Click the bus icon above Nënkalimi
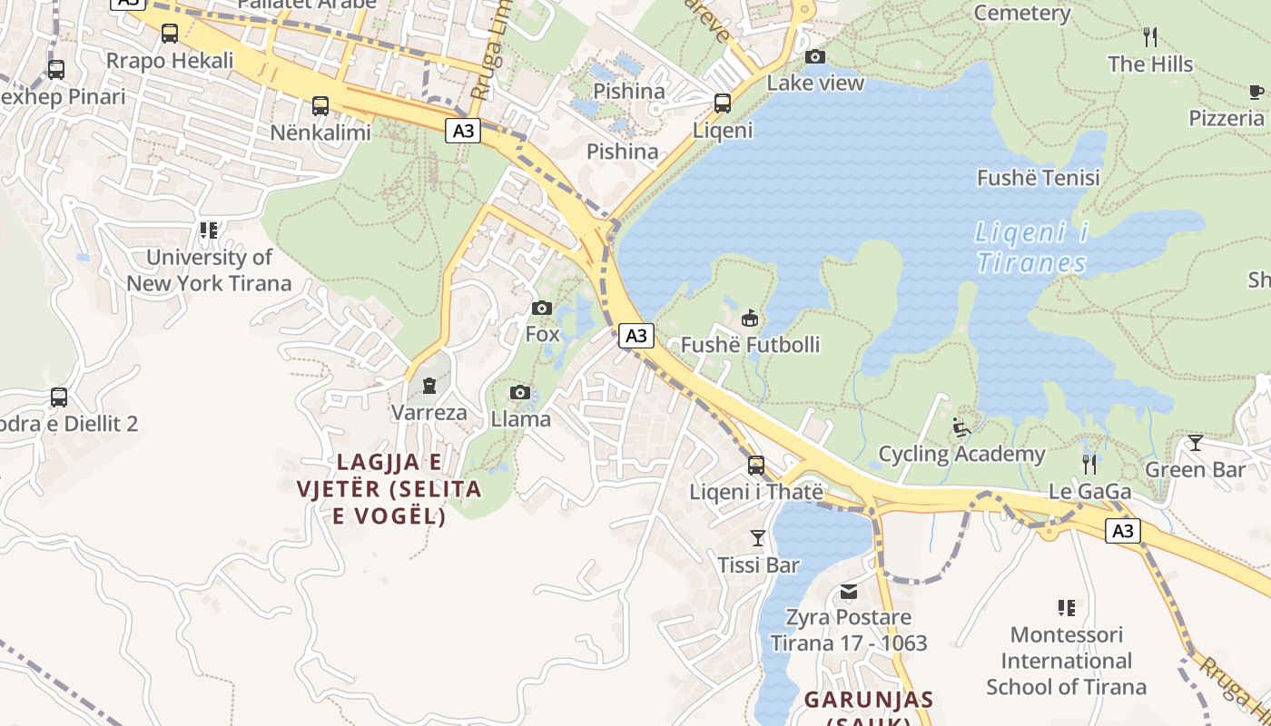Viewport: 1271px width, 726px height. (x=320, y=105)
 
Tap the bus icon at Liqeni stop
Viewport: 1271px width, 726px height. (x=722, y=103)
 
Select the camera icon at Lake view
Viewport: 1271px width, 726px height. (x=815, y=57)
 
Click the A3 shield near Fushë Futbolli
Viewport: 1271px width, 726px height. (x=636, y=336)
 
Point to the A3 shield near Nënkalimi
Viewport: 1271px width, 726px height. (x=463, y=131)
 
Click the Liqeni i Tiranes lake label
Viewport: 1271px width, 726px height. (x=1032, y=248)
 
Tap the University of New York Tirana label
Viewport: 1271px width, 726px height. (x=210, y=270)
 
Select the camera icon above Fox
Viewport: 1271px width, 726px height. (x=542, y=308)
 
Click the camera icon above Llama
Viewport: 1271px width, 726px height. (x=520, y=392)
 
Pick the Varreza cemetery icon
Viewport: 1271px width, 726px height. (x=429, y=386)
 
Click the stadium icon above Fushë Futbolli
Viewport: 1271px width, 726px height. (x=750, y=319)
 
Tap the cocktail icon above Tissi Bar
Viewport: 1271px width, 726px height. (x=758, y=537)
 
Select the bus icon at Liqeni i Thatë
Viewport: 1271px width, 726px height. (x=756, y=466)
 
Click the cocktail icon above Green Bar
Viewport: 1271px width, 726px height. (x=1195, y=443)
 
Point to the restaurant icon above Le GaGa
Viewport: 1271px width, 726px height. (x=1089, y=465)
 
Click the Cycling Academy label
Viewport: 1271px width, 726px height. (x=961, y=454)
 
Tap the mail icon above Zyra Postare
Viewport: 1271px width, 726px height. (x=849, y=592)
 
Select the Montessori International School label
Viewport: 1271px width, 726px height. (x=1066, y=661)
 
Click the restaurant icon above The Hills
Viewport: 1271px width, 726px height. (x=1150, y=37)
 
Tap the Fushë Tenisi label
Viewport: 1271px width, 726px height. (x=1038, y=178)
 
